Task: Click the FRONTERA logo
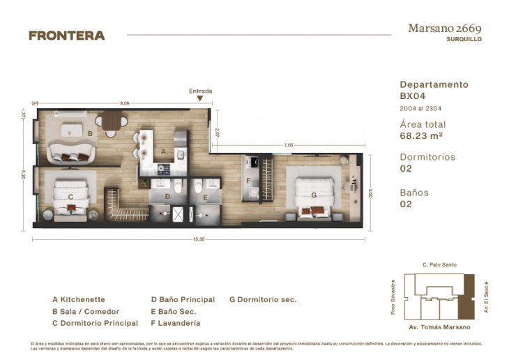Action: pos(66,35)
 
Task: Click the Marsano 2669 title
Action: pos(445,29)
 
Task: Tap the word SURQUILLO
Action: pos(464,40)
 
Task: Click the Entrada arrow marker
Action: pos(200,99)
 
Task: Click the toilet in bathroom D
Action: pos(177,186)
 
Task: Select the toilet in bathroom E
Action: pos(198,186)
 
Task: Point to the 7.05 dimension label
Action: pos(287,146)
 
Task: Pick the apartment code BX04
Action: pos(412,96)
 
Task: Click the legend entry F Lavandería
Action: pos(175,324)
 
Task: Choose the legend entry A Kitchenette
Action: pos(78,299)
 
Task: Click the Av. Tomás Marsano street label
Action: pos(439,327)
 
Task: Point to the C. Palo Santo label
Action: pos(439,265)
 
